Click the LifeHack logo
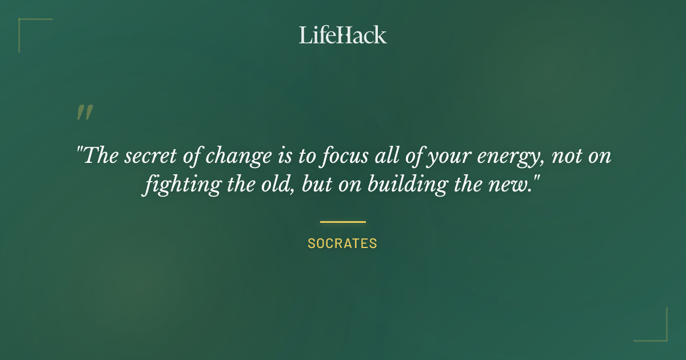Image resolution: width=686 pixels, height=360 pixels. point(343,35)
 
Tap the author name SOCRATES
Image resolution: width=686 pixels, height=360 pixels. point(342,243)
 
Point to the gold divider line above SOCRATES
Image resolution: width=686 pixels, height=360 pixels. point(343,222)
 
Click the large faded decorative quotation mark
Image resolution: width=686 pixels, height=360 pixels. point(84,113)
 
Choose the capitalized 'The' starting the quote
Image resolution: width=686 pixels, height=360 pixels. point(99,156)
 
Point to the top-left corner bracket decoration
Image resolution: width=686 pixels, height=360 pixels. point(23,23)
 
